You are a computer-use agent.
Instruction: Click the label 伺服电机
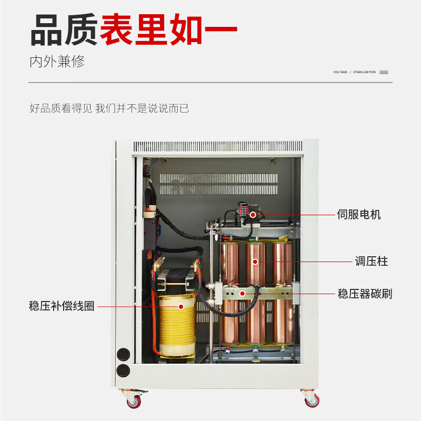358,215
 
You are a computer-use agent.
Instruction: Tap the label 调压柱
371,262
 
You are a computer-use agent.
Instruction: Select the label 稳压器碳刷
365,294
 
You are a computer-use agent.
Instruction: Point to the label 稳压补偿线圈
62,306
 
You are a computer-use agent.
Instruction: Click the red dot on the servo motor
253,215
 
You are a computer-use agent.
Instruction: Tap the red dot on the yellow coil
181,306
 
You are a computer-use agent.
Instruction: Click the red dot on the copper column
256,262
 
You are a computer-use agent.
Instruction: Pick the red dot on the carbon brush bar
242,294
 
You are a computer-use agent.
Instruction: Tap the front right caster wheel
312,400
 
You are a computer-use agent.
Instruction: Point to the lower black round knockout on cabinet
123,370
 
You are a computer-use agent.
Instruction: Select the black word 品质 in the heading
64,30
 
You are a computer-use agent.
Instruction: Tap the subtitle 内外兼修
57,62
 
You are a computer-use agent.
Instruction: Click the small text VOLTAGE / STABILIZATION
355,72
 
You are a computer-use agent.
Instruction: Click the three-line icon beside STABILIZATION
384,72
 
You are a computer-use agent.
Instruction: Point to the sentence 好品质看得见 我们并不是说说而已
109,109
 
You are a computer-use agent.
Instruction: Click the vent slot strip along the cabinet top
218,146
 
